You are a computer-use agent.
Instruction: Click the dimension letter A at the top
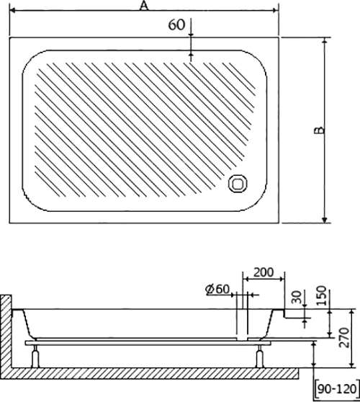(x=144, y=6)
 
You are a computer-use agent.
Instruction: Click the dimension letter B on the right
(x=320, y=130)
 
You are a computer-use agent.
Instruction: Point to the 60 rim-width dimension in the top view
(x=176, y=25)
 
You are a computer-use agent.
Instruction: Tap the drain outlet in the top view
(x=238, y=183)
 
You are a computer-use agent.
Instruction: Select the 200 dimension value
(x=264, y=272)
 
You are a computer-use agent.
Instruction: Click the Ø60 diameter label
(x=217, y=289)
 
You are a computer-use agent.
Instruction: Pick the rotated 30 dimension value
(x=297, y=297)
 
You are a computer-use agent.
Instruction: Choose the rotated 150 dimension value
(x=321, y=295)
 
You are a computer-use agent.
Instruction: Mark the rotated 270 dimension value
(x=344, y=337)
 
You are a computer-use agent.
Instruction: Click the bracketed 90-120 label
(x=337, y=389)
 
